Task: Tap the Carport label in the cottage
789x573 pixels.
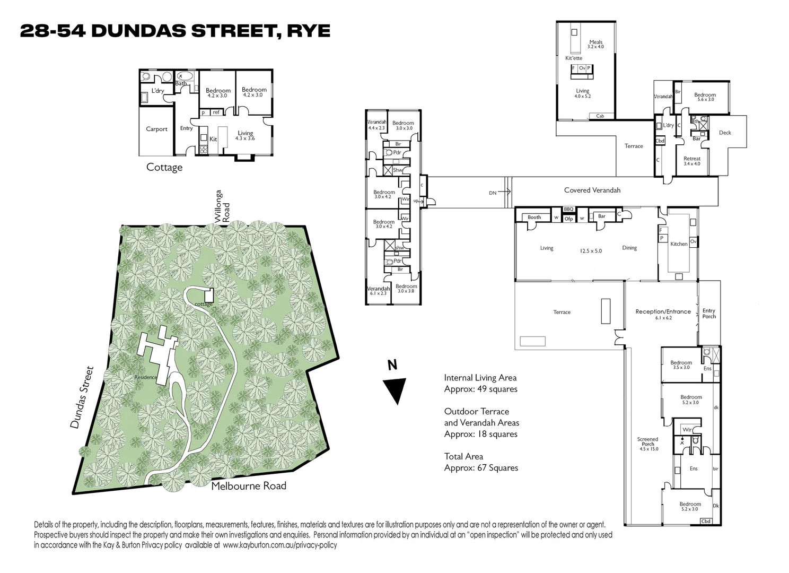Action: pyautogui.click(x=156, y=129)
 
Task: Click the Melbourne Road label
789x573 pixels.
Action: pyautogui.click(x=249, y=485)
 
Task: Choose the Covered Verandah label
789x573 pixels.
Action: pyautogui.click(x=592, y=190)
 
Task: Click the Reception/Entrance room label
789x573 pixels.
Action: pyautogui.click(x=663, y=312)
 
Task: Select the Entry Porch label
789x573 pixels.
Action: pyautogui.click(x=709, y=314)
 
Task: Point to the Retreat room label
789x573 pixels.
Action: pyautogui.click(x=691, y=159)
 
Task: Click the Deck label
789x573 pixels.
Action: pyautogui.click(x=725, y=133)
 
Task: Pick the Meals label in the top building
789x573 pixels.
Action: pyautogui.click(x=595, y=42)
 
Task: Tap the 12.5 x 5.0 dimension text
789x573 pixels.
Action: pyautogui.click(x=591, y=251)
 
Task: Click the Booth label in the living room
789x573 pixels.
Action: pyautogui.click(x=534, y=217)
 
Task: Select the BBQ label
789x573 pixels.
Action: pyautogui.click(x=568, y=210)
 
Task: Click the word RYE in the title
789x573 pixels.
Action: pyautogui.click(x=309, y=31)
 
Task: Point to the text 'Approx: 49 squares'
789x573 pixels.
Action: pyautogui.click(x=480, y=389)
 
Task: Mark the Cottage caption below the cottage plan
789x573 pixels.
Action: pyautogui.click(x=164, y=167)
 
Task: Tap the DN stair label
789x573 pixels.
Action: pyautogui.click(x=493, y=193)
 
